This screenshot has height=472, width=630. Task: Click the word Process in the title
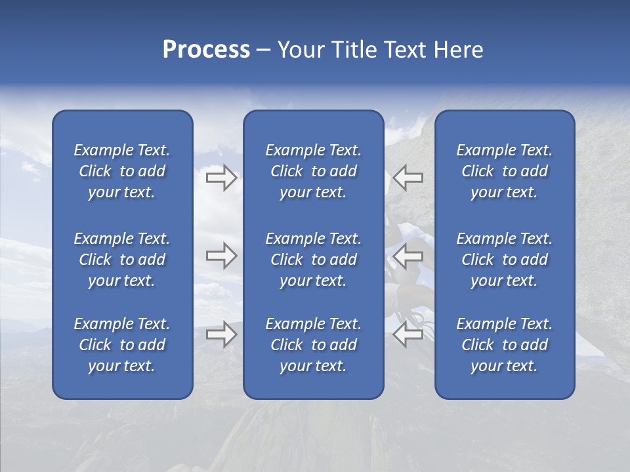click(206, 49)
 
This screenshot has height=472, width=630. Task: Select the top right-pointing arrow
click(221, 178)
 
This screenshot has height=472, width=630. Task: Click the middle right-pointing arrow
click(221, 256)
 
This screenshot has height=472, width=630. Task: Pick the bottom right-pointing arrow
click(221, 334)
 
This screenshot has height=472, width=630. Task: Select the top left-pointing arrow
click(408, 178)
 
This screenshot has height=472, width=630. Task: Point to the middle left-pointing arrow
click(408, 256)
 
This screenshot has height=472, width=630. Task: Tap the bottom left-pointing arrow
click(408, 334)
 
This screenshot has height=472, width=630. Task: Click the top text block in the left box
click(122, 171)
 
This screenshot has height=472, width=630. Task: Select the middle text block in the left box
click(122, 260)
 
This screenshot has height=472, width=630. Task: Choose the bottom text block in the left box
click(122, 345)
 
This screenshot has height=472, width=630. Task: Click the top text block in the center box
click(313, 171)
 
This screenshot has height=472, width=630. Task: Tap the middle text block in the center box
click(313, 260)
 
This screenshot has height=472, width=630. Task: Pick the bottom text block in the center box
click(313, 345)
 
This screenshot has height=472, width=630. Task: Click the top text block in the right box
click(505, 171)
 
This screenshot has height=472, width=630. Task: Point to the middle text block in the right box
click(505, 260)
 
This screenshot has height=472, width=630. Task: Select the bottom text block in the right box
click(505, 345)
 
